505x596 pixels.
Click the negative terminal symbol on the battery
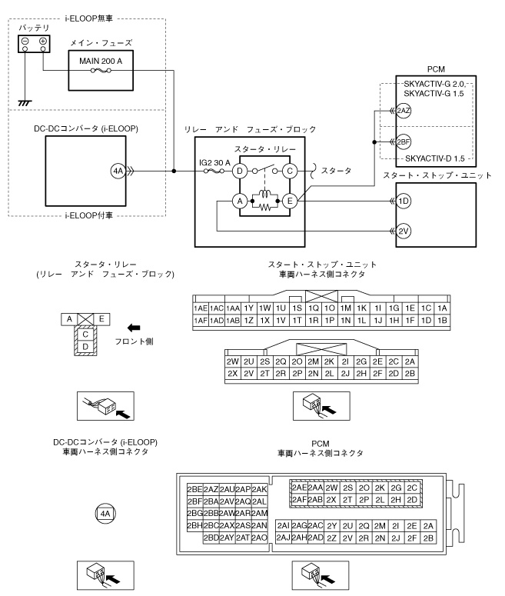pyautogui.click(x=25, y=41)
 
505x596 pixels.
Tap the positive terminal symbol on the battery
pyautogui.click(x=43, y=41)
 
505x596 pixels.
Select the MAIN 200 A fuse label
pyautogui.click(x=101, y=61)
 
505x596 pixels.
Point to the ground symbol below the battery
pyautogui.click(x=25, y=102)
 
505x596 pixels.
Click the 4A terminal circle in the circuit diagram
pyautogui.click(x=118, y=171)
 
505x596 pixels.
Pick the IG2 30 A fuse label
pyautogui.click(x=214, y=163)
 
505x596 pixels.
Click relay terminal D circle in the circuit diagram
pyautogui.click(x=240, y=171)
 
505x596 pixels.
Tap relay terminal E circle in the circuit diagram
pyautogui.click(x=290, y=201)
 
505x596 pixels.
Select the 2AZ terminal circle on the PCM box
pyautogui.click(x=404, y=111)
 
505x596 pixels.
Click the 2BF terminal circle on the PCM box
pyautogui.click(x=404, y=142)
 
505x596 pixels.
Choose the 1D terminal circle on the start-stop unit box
pyautogui.click(x=404, y=201)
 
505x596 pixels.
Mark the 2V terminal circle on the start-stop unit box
pyautogui.click(x=404, y=231)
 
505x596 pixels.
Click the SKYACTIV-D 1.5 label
pyautogui.click(x=435, y=158)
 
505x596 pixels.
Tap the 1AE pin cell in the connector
pyautogui.click(x=201, y=308)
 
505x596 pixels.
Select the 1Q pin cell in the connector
pyautogui.click(x=314, y=308)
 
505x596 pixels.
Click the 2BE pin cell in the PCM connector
pyautogui.click(x=195, y=489)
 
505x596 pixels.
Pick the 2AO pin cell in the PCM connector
pyautogui.click(x=260, y=538)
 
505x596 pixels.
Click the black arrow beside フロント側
pyautogui.click(x=134, y=328)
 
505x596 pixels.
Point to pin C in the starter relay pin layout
pyautogui.click(x=85, y=334)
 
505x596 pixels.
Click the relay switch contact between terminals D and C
pyautogui.click(x=265, y=168)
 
